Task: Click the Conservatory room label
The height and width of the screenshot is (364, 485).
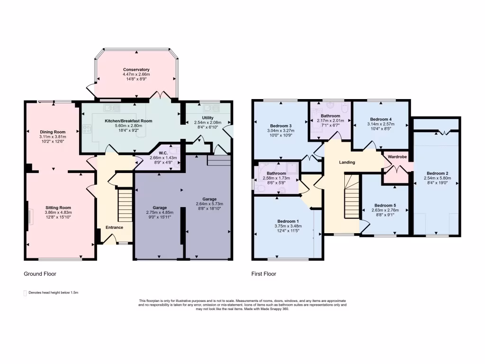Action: (136, 70)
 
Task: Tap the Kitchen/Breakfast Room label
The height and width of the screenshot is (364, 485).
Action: (128, 121)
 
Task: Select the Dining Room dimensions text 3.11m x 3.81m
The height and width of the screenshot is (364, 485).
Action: (53, 137)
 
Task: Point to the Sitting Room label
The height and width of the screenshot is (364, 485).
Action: (58, 208)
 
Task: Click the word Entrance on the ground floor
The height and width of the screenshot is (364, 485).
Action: (114, 227)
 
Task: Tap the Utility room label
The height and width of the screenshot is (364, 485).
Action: (207, 118)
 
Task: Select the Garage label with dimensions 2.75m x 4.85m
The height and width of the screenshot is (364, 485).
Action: (159, 208)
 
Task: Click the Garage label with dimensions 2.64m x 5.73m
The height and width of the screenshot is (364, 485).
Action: (209, 199)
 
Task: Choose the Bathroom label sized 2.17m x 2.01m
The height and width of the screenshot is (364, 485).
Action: (330, 116)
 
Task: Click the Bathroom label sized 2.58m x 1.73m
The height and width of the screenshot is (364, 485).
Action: (276, 173)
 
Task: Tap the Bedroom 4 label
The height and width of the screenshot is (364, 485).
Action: (381, 119)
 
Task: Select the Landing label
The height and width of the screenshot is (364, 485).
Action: (347, 162)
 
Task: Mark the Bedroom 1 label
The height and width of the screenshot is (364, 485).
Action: (288, 221)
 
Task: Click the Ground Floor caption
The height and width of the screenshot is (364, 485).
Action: (40, 274)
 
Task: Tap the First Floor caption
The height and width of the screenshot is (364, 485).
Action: (264, 274)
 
